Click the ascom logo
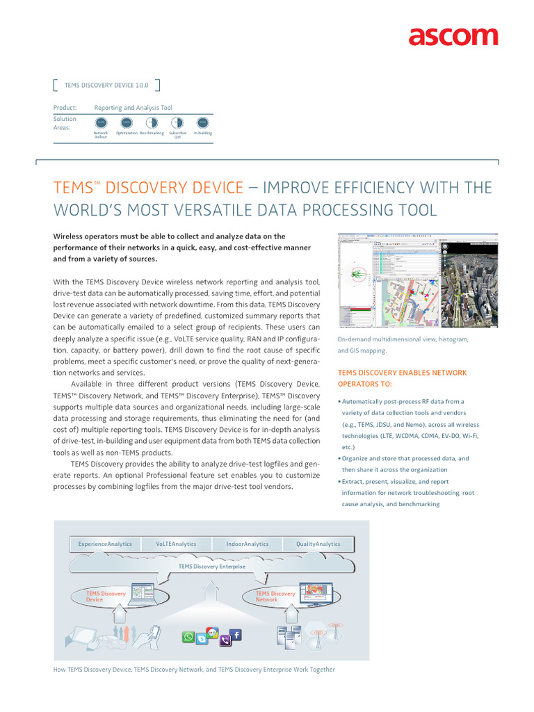(453, 37)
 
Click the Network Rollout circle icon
(101, 122)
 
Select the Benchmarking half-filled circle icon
(152, 122)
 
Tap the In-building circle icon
(202, 122)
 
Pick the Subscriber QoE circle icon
(177, 122)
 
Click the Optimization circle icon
(127, 122)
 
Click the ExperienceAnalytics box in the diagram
(105, 544)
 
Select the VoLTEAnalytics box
(176, 544)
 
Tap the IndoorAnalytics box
(248, 544)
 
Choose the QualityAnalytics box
(318, 544)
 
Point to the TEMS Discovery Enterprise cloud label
(212, 567)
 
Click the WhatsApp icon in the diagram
(188, 637)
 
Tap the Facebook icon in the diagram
(236, 635)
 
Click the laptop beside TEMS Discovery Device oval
(147, 594)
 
